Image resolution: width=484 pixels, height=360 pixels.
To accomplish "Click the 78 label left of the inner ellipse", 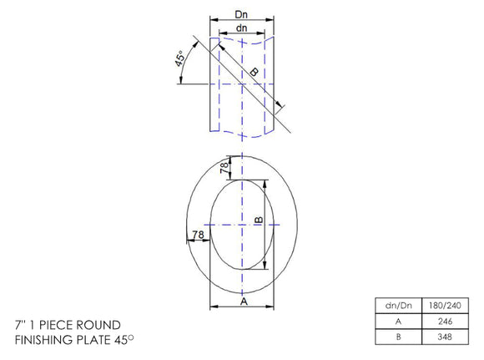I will point(197,236).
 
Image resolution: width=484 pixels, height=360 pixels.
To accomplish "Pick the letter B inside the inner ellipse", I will point(259,221).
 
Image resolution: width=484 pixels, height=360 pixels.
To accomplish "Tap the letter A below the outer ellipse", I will point(244,301).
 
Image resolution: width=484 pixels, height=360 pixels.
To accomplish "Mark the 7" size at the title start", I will point(19,324).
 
